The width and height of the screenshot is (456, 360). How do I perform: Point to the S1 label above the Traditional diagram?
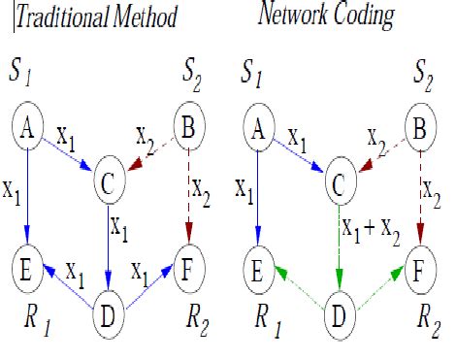(x=25, y=71)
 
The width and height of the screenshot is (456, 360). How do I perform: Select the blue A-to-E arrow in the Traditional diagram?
(x=29, y=194)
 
